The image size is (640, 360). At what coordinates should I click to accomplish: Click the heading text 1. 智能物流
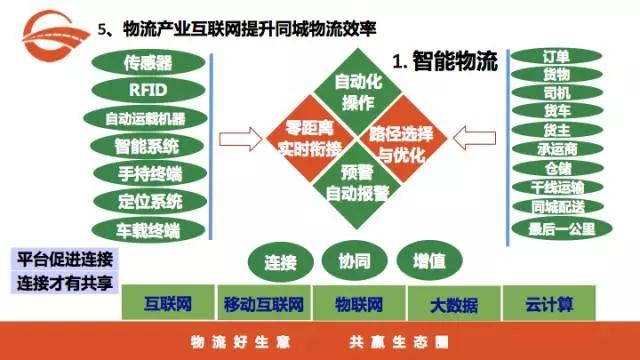445,63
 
